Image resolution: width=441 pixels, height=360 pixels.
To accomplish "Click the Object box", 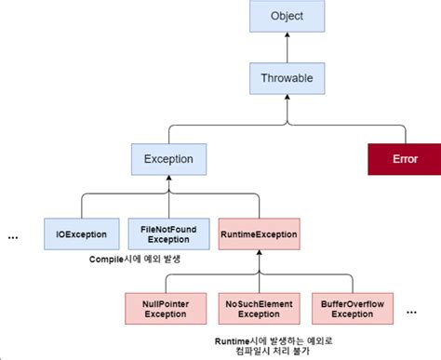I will coord(287,18).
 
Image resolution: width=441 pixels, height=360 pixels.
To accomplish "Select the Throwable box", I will coord(287,79).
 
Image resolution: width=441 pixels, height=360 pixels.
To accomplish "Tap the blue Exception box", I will coord(167,158).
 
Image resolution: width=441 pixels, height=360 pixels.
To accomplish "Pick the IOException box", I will coord(81,233).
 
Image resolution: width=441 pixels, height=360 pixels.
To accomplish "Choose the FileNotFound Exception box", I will coord(167,233).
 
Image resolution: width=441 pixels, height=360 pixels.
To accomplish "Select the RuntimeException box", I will coord(258,233).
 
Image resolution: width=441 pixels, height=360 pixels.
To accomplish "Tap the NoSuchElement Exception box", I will coord(258,308).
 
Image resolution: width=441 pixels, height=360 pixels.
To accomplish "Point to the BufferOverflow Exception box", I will coord(351,308).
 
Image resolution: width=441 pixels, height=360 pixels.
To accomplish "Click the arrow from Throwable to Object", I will coord(287,49).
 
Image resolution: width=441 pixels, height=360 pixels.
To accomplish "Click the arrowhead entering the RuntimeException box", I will coord(258,253).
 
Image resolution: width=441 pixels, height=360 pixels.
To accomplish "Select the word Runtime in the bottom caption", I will coord(234,340).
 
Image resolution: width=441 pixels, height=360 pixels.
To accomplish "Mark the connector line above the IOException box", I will coord(81,205).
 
